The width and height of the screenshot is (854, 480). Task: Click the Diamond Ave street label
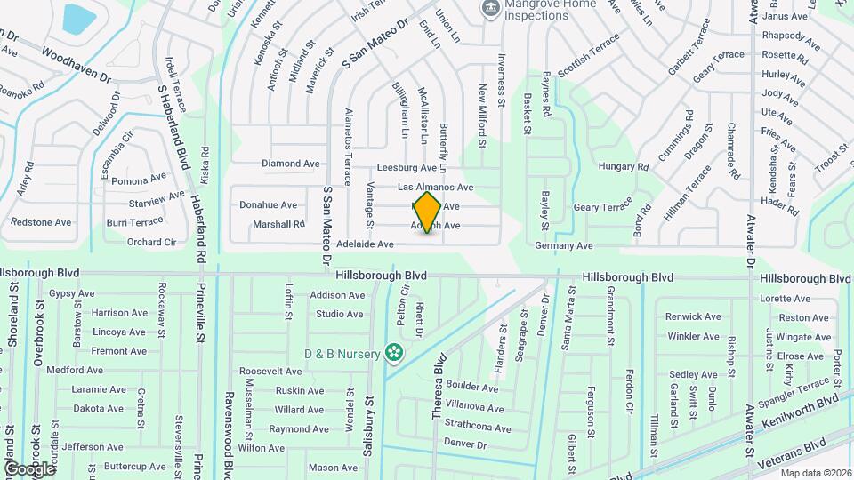coord(290,164)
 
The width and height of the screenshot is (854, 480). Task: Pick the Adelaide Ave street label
coord(365,244)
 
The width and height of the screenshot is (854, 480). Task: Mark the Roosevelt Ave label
coord(271,371)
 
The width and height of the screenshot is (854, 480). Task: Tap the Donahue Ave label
coord(268,204)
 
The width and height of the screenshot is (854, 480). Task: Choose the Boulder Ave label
coord(471,388)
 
